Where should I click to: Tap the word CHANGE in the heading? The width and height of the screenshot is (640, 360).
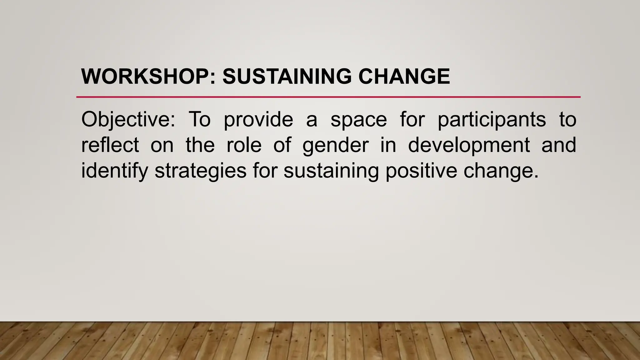tap(404, 77)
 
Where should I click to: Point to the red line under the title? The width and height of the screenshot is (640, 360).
tap(328, 97)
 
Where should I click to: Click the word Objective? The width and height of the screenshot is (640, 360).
tap(128, 119)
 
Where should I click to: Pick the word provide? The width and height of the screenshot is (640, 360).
tap(258, 119)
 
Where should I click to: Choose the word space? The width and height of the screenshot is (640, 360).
tap(359, 120)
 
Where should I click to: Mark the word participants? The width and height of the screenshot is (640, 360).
tap(492, 120)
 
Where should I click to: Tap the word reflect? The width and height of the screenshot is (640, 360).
tap(110, 145)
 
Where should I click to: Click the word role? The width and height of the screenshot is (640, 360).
tap(244, 145)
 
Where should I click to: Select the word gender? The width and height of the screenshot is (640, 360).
tap(336, 146)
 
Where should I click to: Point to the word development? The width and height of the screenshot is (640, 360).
tap(469, 146)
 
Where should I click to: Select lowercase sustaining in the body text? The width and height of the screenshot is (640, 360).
tap(331, 171)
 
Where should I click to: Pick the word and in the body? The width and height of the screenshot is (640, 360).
tap(559, 145)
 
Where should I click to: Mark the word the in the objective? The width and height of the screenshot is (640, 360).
tap(200, 145)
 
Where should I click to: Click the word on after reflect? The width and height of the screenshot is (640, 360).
tap(162, 146)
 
